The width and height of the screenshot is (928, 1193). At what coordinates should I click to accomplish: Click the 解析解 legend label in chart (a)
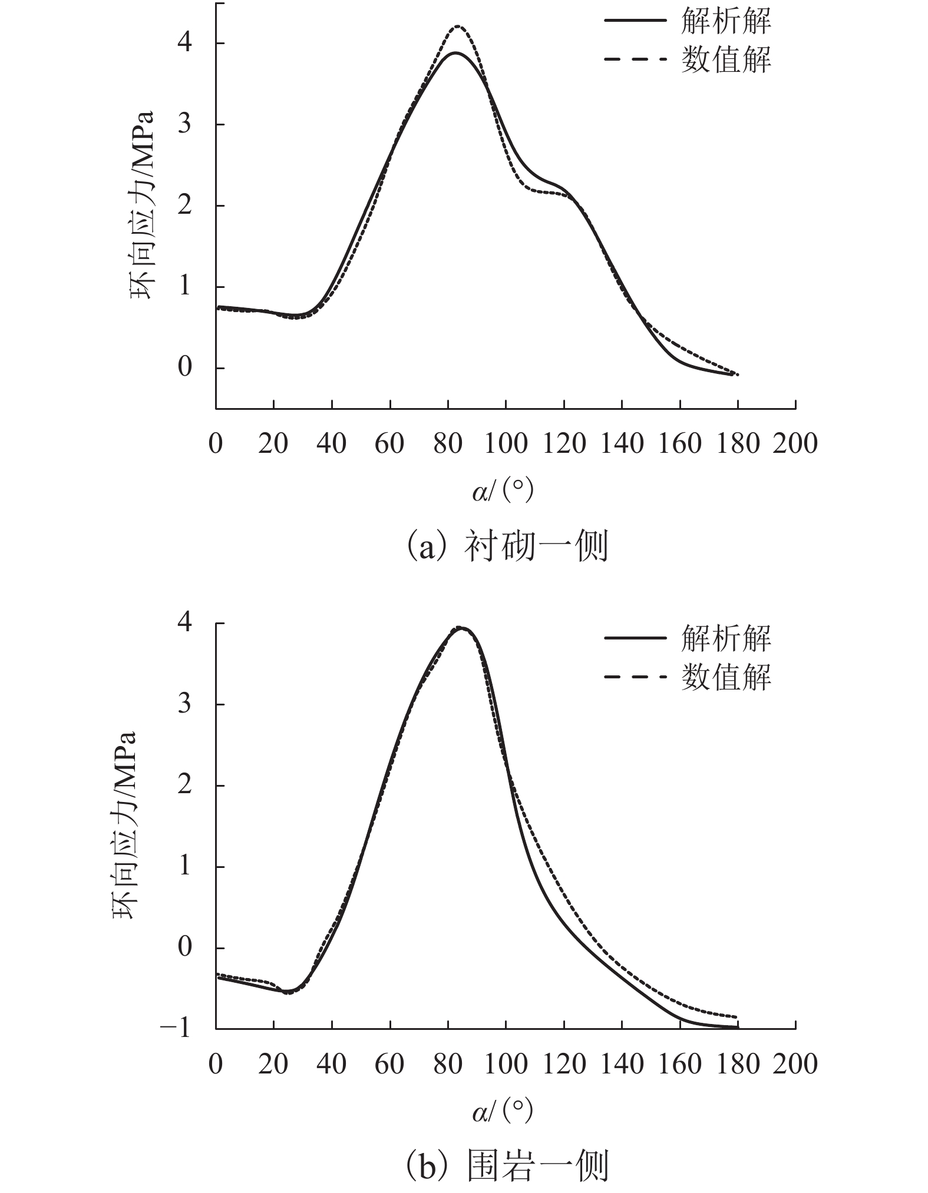(x=725, y=21)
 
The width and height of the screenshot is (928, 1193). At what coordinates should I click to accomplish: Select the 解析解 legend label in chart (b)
(x=725, y=638)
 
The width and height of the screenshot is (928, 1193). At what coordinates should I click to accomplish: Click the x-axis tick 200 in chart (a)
(x=795, y=443)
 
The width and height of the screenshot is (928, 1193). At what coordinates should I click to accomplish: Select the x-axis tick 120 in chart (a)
(x=564, y=443)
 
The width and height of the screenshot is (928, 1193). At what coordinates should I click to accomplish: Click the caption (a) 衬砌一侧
(x=507, y=547)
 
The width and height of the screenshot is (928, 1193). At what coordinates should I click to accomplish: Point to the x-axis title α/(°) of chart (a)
(x=503, y=491)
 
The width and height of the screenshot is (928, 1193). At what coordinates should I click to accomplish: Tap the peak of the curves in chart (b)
(x=461, y=628)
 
